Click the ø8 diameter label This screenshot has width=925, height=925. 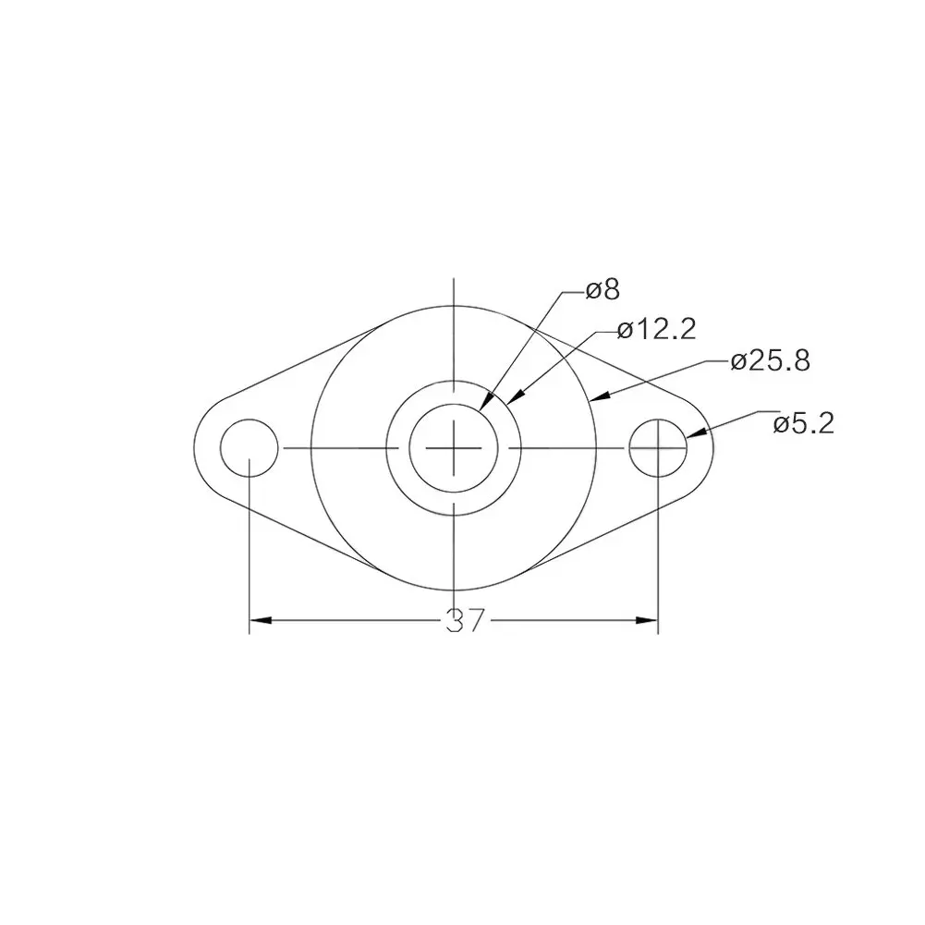tap(603, 291)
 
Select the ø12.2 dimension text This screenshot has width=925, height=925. tap(656, 330)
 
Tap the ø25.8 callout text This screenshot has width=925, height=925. tap(770, 361)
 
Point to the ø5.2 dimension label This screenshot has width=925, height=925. tap(804, 424)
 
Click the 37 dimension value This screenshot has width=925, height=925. tap(465, 621)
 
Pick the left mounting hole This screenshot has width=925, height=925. tap(250, 448)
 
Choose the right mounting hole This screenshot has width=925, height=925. tap(658, 448)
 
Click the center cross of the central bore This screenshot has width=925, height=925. tap(454, 448)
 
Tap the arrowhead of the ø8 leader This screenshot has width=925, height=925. tap(485, 404)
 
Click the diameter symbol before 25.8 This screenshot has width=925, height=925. tap(738, 362)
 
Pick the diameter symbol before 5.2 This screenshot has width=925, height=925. tap(781, 425)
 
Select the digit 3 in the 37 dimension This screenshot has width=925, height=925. tap(455, 621)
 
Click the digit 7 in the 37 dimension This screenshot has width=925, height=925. tap(475, 621)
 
